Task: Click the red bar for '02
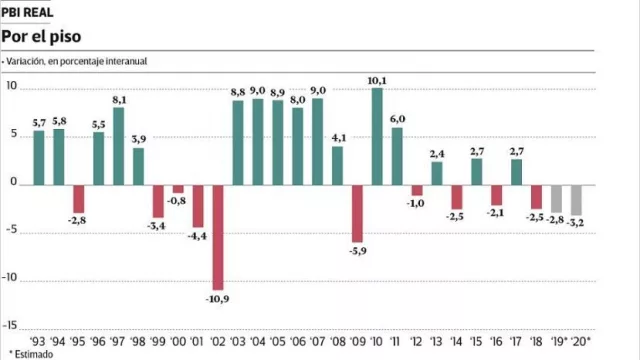[x=217, y=236]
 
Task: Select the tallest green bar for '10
[x=377, y=136]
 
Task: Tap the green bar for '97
[x=119, y=145]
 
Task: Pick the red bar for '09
[x=357, y=212]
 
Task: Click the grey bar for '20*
[x=575, y=199]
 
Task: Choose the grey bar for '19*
[x=556, y=197]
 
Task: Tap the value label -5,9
[x=357, y=251]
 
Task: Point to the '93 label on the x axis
[x=39, y=341]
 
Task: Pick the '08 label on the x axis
[x=337, y=341]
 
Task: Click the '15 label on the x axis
[x=476, y=341]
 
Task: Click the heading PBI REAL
[x=28, y=10]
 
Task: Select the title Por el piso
[x=39, y=35]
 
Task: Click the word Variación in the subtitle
[x=27, y=62]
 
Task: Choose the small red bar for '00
[x=178, y=188]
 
